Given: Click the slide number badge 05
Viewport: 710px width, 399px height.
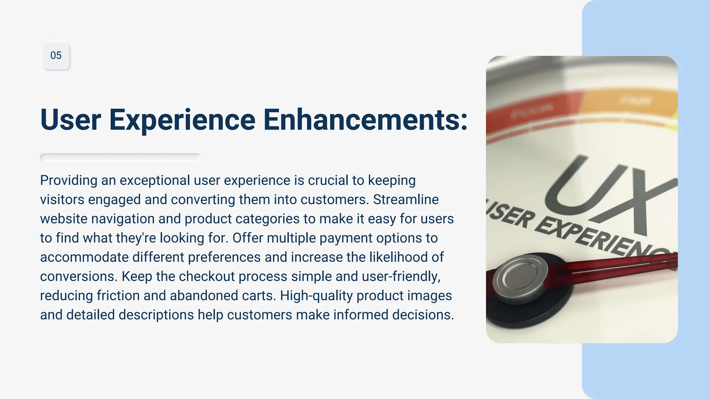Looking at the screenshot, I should [56, 56].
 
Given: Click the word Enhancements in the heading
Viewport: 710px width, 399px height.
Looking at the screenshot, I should [365, 120].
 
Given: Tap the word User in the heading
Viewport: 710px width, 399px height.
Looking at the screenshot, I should [70, 120].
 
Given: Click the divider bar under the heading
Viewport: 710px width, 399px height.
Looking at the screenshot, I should [120, 157].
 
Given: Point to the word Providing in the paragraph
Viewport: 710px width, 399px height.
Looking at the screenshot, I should [69, 180].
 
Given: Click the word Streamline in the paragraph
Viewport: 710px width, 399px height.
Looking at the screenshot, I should [406, 200].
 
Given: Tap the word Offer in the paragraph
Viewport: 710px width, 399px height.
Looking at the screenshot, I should [248, 238].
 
